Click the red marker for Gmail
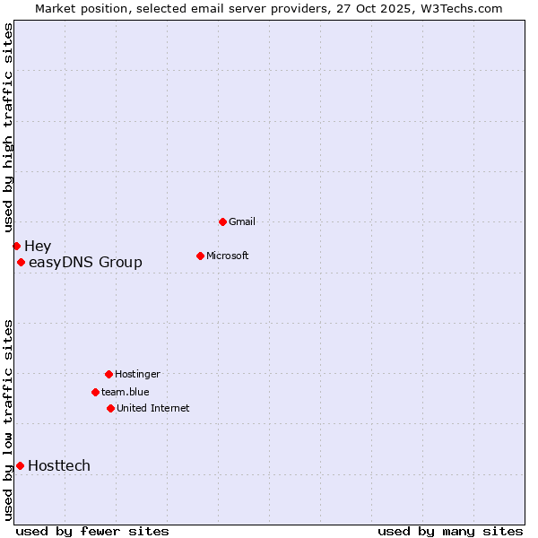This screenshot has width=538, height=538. pos(222,221)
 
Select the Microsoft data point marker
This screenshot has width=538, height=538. pos(200,256)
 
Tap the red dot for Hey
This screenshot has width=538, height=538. pos(16,246)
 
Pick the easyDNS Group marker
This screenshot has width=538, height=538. pos(21,262)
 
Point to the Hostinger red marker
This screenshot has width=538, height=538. pos(108,374)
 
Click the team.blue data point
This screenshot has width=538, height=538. pos(95,392)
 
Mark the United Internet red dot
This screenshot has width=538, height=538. pos(110,408)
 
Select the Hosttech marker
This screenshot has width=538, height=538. pos(20,465)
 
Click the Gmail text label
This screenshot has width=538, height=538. pos(242,221)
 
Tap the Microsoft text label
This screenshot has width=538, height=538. pos(228,256)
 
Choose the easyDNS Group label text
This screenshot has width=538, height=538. pos(85,262)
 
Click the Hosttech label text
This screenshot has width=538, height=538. pos(59,465)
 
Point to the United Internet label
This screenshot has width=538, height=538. pos(153,408)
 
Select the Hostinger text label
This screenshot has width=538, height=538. pos(137,374)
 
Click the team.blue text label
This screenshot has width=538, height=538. pos(126,392)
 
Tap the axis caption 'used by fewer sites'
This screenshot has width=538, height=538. pos(92,531)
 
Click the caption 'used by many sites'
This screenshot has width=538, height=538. pos(450,531)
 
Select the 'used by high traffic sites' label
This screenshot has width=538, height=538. pos(8,127)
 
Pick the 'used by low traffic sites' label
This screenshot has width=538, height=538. pos(8,420)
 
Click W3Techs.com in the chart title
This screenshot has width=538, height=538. pos(457,8)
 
